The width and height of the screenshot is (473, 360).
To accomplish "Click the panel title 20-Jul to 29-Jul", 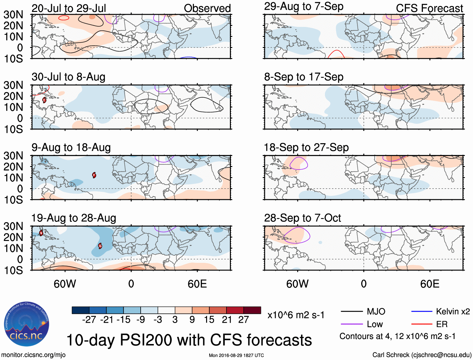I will [69, 8].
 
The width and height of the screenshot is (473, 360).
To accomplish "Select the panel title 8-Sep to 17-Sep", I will [304, 77].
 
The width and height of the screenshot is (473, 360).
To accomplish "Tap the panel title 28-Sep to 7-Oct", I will [302, 218].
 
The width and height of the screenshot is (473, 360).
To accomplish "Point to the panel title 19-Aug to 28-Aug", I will [74, 218].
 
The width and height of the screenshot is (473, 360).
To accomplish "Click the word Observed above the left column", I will [207, 8].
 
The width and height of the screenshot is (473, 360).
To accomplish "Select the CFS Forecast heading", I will [429, 8].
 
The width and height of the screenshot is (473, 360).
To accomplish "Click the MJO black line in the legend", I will [351, 311].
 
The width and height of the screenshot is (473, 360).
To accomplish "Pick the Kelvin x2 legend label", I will [453, 311].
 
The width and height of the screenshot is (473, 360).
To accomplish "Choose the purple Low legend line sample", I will [351, 324].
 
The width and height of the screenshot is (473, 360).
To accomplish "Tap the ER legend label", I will [442, 324].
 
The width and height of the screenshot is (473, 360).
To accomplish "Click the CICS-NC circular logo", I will [27, 324].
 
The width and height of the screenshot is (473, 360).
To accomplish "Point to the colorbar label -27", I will [89, 320].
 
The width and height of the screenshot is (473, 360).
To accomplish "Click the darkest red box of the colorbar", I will [252, 310].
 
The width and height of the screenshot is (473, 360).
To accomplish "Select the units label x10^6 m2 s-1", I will [296, 315].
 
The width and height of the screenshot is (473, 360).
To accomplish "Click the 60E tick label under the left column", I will [197, 284].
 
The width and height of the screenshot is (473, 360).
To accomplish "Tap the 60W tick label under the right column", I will [297, 284].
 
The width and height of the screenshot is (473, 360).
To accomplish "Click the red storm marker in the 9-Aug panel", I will [94, 175].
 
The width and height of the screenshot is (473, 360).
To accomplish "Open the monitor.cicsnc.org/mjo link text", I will [33, 355].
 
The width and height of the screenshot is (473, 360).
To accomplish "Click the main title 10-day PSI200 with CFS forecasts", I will [189, 340].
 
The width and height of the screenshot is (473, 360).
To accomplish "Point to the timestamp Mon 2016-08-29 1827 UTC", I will [236, 355].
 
